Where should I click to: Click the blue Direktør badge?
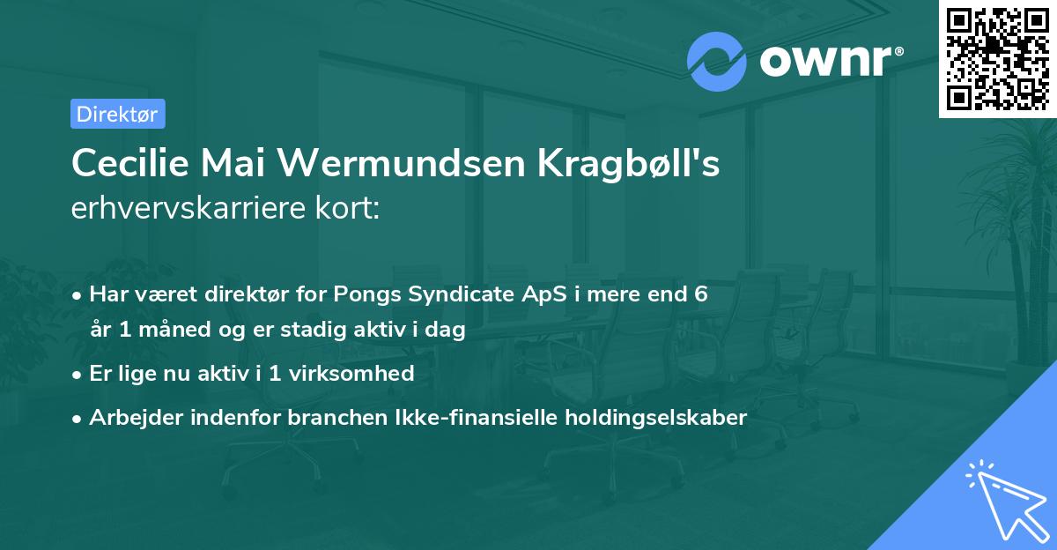[118, 114]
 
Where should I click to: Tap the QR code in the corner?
[997, 59]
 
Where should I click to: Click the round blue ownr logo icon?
[716, 62]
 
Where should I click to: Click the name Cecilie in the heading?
[130, 163]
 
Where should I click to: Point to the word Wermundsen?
[401, 163]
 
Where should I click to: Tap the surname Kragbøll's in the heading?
[629, 164]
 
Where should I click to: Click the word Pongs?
[367, 295]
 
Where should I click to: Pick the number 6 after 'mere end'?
[701, 294]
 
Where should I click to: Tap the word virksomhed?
[351, 373]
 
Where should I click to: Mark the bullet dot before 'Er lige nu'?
[77, 375]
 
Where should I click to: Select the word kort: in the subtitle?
[347, 208]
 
